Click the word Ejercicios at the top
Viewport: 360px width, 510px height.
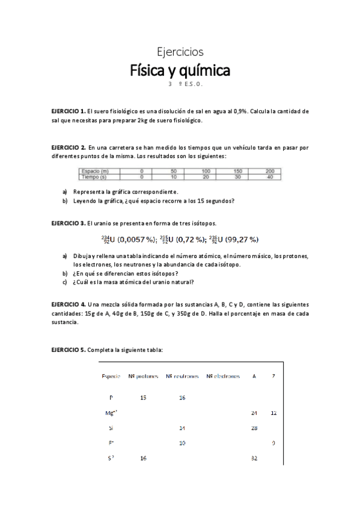click(x=180, y=52)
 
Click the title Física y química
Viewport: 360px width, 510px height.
click(x=180, y=71)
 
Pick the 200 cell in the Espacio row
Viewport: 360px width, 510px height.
click(x=269, y=171)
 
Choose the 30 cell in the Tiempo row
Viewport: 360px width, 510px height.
click(x=237, y=177)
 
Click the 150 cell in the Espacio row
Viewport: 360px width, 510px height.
click(x=237, y=171)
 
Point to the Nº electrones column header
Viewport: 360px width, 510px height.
click(x=222, y=376)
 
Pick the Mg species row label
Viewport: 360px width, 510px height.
click(x=111, y=413)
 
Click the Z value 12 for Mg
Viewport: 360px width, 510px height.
click(x=273, y=413)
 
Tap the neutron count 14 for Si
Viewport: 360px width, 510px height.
click(x=182, y=428)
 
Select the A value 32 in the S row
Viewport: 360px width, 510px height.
click(x=254, y=458)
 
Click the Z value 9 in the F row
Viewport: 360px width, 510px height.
click(x=273, y=443)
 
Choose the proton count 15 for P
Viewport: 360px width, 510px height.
click(x=143, y=398)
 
